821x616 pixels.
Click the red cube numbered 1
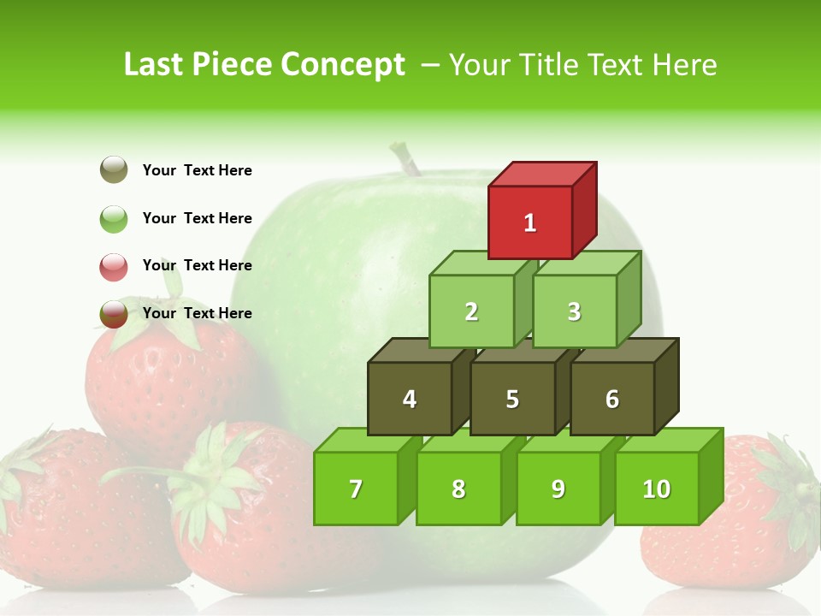click(x=530, y=222)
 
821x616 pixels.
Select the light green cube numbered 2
click(x=471, y=311)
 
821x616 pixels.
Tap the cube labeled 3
click(x=574, y=311)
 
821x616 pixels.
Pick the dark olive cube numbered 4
click(x=410, y=399)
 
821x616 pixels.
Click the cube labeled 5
click(x=512, y=399)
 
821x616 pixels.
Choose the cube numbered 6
click(x=611, y=399)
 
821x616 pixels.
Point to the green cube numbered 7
click(x=356, y=489)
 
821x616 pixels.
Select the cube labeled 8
click(x=458, y=489)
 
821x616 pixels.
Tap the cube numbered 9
click(x=558, y=489)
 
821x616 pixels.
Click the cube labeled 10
click(x=656, y=489)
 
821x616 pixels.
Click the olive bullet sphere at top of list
click(x=114, y=170)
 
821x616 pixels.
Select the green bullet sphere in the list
click(x=114, y=218)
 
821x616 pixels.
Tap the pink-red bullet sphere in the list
click(x=114, y=266)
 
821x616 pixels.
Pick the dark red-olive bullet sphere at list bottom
click(x=114, y=314)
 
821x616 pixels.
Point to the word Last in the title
click(x=156, y=65)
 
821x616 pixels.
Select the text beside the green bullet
click(x=197, y=218)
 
